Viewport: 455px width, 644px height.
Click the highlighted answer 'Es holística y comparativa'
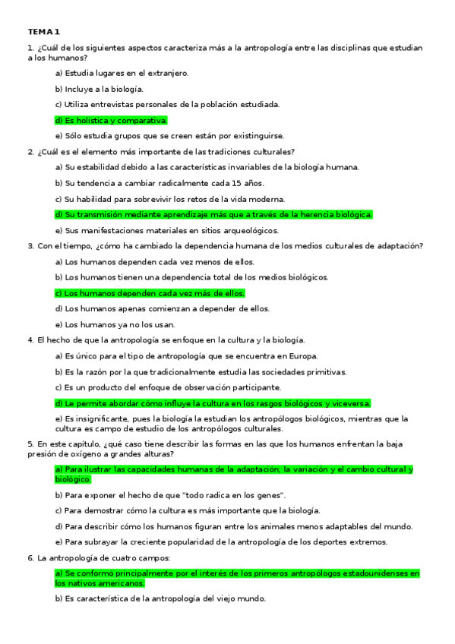[x=111, y=120]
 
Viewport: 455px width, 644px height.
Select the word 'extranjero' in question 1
[x=165, y=73]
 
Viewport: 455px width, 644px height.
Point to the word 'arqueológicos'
[x=231, y=230]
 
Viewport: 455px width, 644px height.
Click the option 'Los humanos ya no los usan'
[x=109, y=324]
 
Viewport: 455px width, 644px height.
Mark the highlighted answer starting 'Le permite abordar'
[x=213, y=403]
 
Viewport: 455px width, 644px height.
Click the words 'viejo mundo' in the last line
[x=241, y=598]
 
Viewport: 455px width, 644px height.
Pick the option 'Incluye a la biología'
[x=99, y=89]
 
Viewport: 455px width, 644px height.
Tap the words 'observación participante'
[x=232, y=387]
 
